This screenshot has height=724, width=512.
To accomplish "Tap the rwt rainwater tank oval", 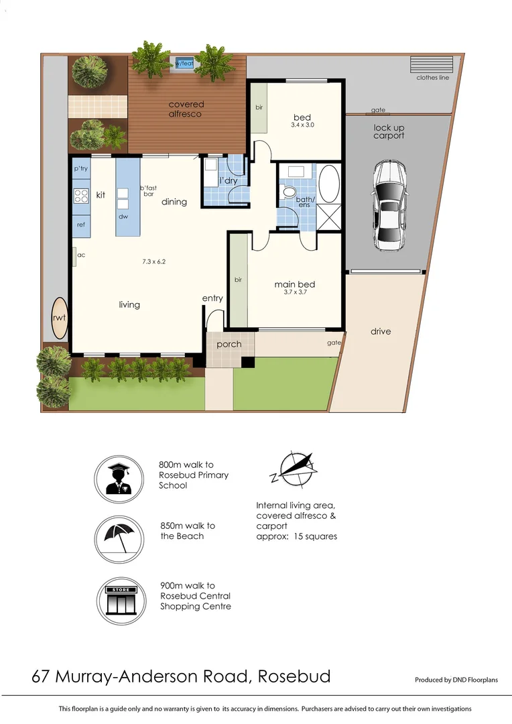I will tap(60, 318).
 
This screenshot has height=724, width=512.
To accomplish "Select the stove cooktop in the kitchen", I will tap(82, 196).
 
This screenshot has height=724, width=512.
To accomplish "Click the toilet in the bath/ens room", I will tap(290, 192).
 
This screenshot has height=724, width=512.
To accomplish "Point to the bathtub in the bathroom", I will tap(329, 184).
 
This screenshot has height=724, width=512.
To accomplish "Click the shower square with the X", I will tap(329, 217).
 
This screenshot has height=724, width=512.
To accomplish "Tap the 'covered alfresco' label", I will tap(186, 109).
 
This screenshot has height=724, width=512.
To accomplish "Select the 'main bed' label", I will tap(294, 284).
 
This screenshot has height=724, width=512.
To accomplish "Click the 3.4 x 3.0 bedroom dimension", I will tap(302, 125).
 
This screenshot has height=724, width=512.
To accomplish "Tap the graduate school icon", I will tap(117, 479).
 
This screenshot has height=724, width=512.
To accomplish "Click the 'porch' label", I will tap(229, 345).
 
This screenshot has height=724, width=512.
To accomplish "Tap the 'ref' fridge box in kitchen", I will tap(81, 225).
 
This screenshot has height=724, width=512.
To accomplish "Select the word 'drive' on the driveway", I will tap(380, 331).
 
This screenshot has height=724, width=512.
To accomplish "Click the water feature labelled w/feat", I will tap(182, 64).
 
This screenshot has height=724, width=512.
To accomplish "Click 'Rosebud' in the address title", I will tap(295, 676).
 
